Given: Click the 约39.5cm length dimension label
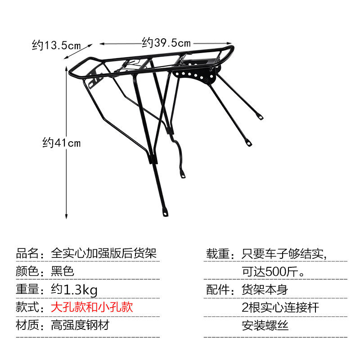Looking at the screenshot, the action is click(x=166, y=43).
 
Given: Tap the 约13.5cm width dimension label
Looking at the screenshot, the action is click(x=56, y=45).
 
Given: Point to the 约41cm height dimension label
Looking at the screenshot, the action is click(x=61, y=143).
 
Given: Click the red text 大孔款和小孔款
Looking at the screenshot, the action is click(x=92, y=307).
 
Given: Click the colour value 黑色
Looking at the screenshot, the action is click(x=62, y=271).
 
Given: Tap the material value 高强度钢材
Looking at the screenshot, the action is click(x=80, y=325).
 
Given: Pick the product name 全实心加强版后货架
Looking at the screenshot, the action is click(x=104, y=253).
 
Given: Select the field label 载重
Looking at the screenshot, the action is click(x=218, y=253).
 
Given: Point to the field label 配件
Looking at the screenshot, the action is click(x=218, y=289).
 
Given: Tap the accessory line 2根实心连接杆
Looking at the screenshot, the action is click(x=280, y=307).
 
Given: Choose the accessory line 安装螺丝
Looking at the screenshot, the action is click(x=265, y=325).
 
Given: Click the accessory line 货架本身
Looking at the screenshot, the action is click(x=265, y=289).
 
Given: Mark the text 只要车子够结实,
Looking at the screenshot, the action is click(x=284, y=253).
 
